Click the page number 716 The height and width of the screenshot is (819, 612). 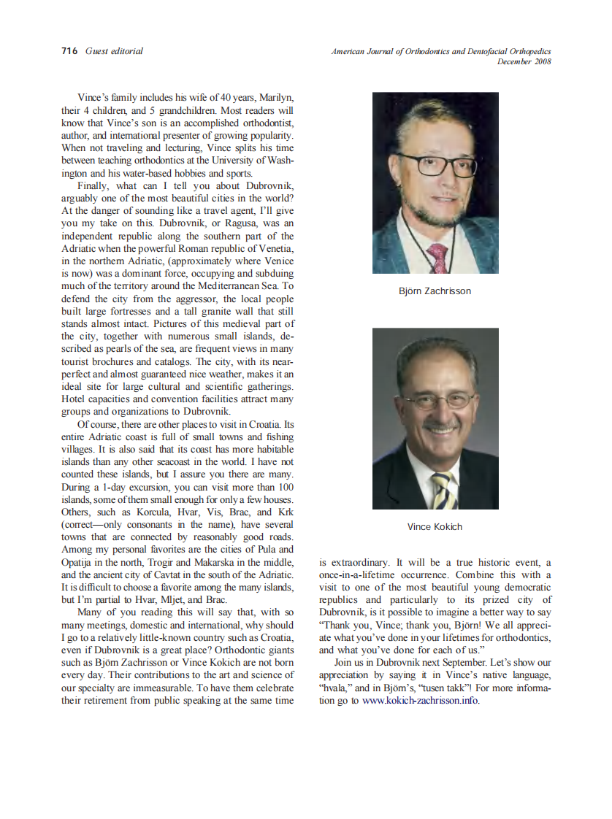tap(69, 51)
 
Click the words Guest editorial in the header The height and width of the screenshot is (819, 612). tap(114, 51)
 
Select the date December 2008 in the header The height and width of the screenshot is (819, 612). tap(524, 61)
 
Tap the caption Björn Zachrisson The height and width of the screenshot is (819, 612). tap(435, 291)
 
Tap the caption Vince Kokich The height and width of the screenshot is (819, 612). tap(435, 526)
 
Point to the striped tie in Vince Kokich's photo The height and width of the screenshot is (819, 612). tap(443, 490)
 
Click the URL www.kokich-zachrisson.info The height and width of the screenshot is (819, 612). tap(421, 701)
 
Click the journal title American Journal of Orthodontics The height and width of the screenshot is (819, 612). tap(391, 52)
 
